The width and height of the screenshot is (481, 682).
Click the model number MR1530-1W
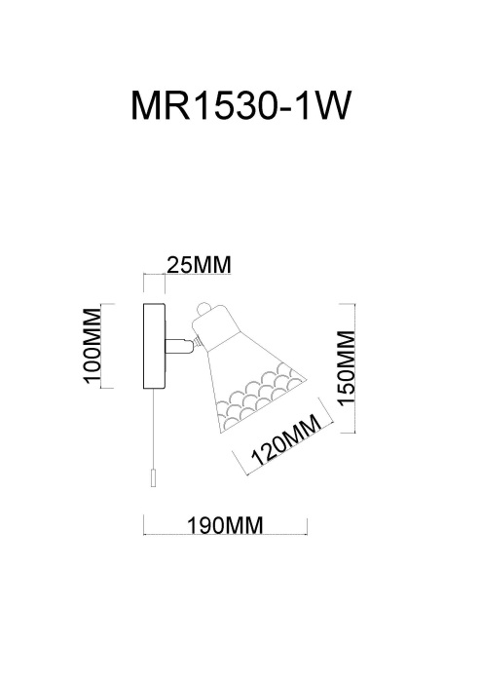coord(240,105)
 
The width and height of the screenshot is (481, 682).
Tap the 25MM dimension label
coord(199,265)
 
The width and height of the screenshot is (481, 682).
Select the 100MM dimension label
coord(92,345)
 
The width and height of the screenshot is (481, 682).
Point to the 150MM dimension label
coord(347,368)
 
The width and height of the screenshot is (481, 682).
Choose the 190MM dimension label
coord(225,526)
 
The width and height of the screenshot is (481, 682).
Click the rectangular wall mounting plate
coord(154,346)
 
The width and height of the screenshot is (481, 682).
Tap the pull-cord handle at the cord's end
coord(153,478)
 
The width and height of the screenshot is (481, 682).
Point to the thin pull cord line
coord(153,430)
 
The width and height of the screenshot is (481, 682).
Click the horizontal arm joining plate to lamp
coord(178,346)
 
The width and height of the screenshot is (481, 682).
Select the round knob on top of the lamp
coord(203,309)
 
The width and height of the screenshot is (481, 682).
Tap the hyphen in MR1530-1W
coord(284,109)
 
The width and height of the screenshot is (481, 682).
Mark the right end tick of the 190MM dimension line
coord(308,526)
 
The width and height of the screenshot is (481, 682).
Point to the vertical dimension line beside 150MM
coord(355,368)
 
